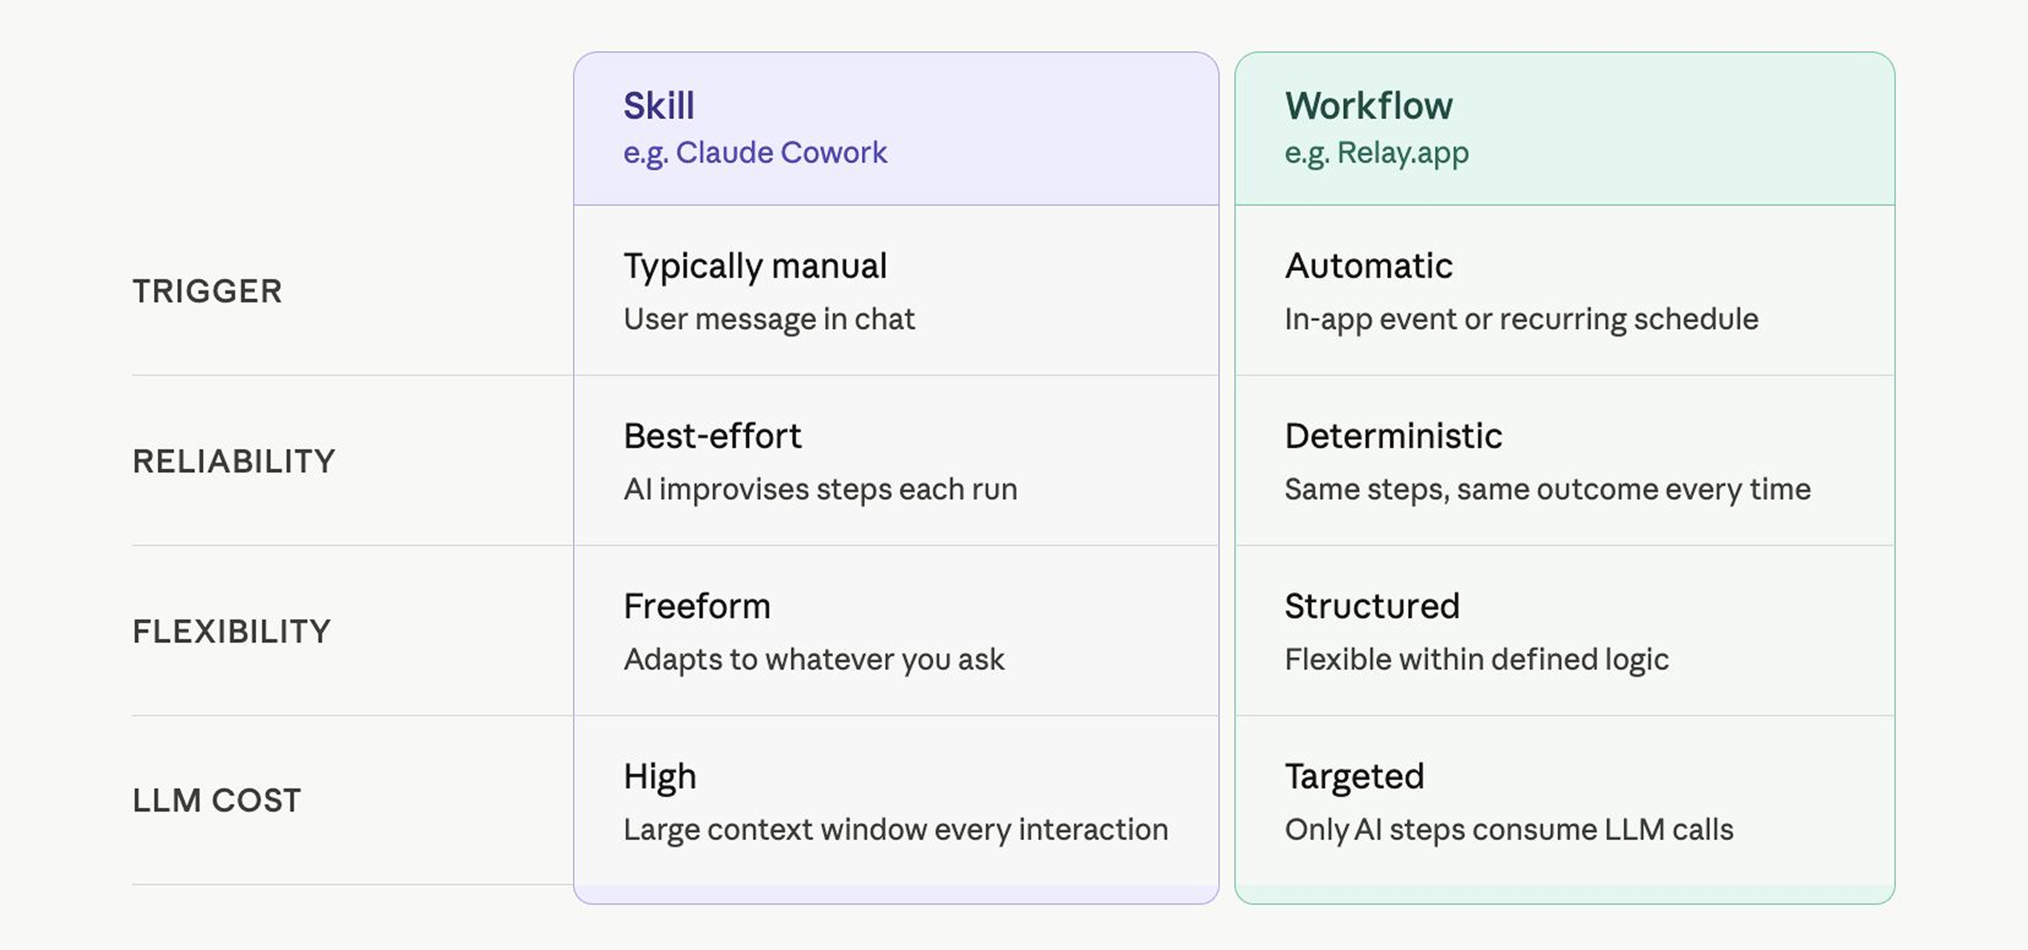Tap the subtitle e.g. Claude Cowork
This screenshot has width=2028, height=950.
pos(755,152)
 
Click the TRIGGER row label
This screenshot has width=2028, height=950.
pos(207,291)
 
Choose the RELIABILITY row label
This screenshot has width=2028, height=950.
pos(234,461)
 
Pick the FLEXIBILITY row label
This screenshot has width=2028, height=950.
pos(231,631)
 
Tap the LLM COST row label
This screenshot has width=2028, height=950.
pos(217,801)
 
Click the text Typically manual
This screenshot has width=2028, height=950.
pos(755,267)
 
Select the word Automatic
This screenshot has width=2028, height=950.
pos(1369,266)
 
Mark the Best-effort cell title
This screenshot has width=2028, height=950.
pos(713,436)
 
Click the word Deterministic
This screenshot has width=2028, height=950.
pos(1394,436)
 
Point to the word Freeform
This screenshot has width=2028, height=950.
pos(697,606)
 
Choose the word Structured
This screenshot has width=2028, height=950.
pos(1372,606)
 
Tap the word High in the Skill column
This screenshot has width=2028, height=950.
pos(659,777)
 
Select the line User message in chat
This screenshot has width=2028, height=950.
pos(769,320)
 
